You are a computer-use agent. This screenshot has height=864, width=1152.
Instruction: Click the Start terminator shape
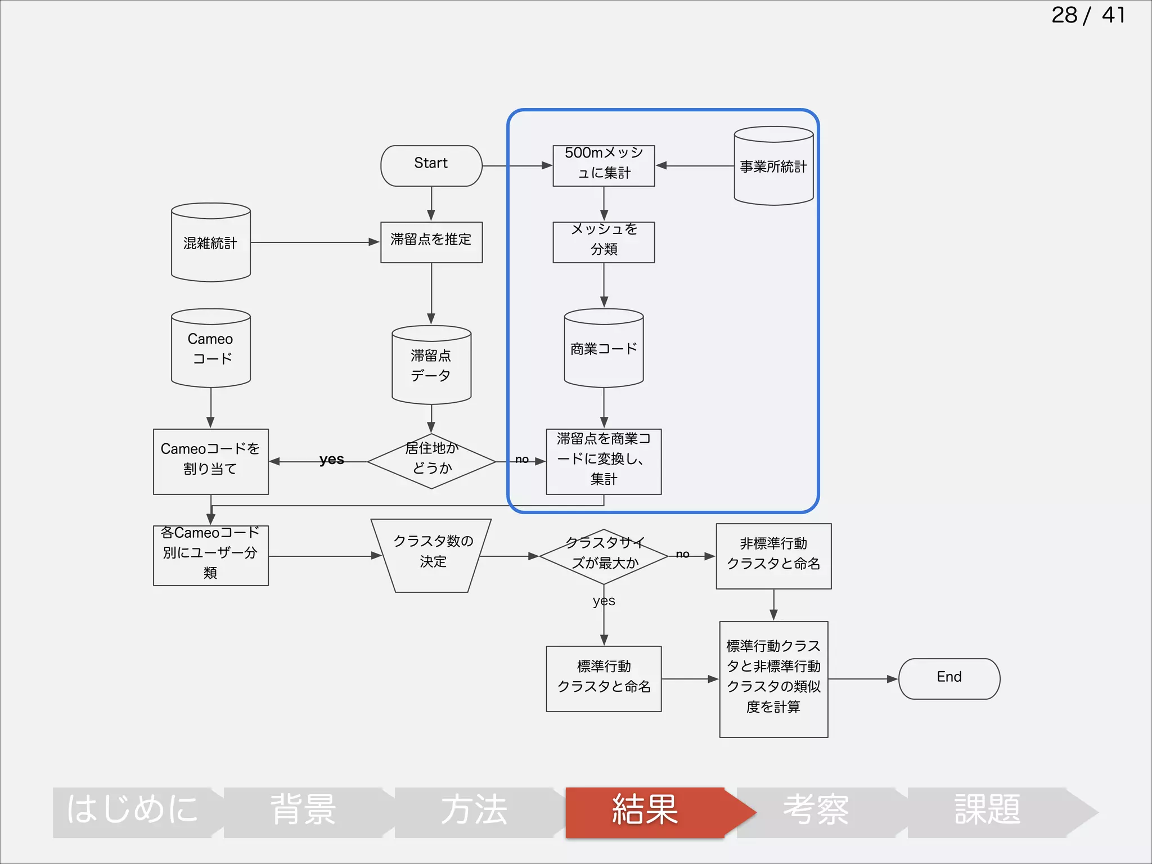[431, 165]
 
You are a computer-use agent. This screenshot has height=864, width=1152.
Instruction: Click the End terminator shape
[949, 678]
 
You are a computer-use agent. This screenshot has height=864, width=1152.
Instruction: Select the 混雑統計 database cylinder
[210, 243]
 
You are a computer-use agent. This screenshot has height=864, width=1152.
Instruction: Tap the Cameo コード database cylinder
[210, 349]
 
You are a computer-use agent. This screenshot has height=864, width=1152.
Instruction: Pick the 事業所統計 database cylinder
[773, 166]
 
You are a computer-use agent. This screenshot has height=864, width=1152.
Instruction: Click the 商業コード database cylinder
[604, 349]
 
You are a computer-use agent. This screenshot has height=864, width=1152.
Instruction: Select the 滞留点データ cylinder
[431, 366]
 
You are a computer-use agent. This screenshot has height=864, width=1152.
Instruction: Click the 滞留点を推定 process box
[431, 242]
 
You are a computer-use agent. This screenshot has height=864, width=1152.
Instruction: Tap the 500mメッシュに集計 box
[604, 165]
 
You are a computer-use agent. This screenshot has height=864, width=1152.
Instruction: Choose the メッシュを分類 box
[604, 242]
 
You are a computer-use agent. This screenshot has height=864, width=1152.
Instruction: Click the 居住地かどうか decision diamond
[431, 461]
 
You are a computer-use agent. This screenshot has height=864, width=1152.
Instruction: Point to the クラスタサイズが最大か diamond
[604, 556]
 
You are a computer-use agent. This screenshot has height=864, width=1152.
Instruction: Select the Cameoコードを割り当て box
[210, 461]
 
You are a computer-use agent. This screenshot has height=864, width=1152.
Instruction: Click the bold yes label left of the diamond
[331, 460]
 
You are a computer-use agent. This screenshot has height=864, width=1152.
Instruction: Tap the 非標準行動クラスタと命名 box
[773, 556]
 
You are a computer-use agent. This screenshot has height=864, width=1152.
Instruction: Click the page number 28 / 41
[1088, 15]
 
